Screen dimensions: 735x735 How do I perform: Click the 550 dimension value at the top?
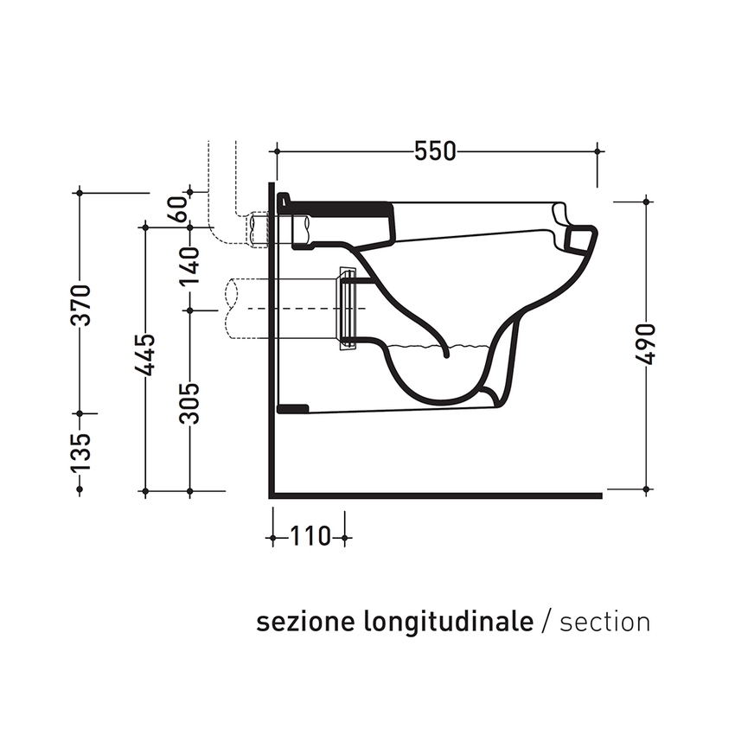(434, 151)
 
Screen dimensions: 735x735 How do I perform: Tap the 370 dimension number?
(80, 304)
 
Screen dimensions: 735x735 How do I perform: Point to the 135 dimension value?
(80, 451)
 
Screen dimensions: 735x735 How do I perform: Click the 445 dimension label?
(145, 355)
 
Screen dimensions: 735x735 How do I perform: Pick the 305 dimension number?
(191, 403)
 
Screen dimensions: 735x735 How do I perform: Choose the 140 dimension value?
(191, 265)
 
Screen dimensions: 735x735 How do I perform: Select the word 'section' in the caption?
(604, 622)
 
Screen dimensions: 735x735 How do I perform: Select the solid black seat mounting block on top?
(337, 208)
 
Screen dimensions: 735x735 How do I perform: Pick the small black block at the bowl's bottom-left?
(292, 407)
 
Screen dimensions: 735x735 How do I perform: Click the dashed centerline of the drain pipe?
(294, 309)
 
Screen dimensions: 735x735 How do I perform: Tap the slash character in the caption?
(546, 622)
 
